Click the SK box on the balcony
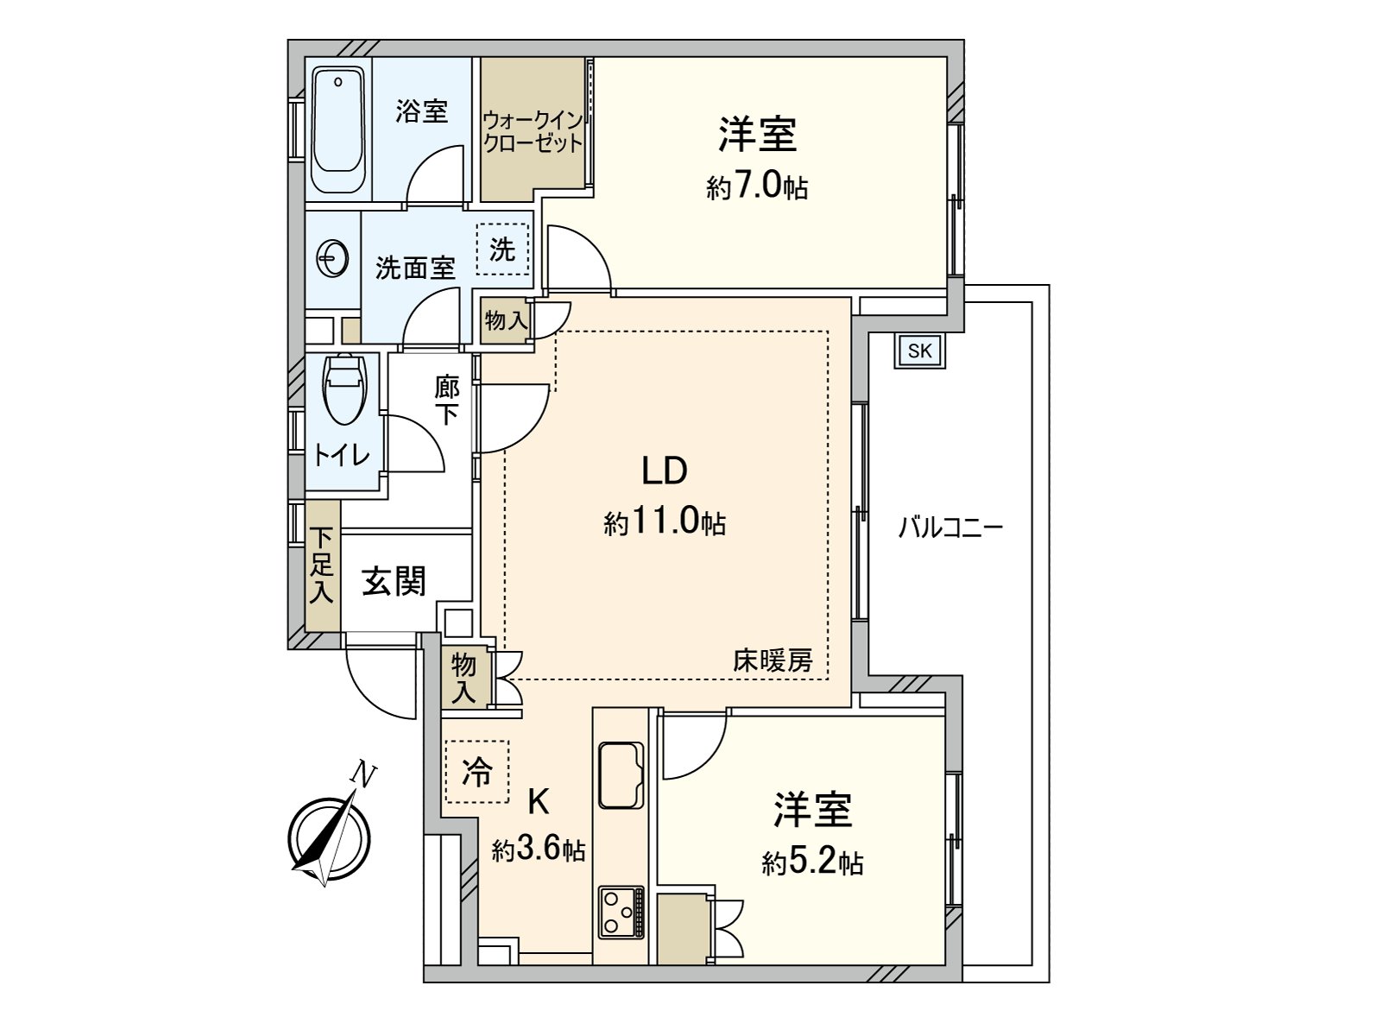[920, 351]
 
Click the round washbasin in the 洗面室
[333, 256]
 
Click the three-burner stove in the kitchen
[621, 913]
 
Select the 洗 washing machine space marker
[502, 250]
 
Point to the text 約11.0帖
[664, 523]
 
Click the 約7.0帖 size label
[757, 186]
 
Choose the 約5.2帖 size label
[812, 862]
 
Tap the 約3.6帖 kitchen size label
[539, 851]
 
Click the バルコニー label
[950, 527]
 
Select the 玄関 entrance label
[394, 581]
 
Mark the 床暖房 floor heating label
[772, 661]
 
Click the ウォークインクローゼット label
[533, 130]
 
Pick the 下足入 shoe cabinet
[323, 566]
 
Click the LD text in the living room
[663, 471]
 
